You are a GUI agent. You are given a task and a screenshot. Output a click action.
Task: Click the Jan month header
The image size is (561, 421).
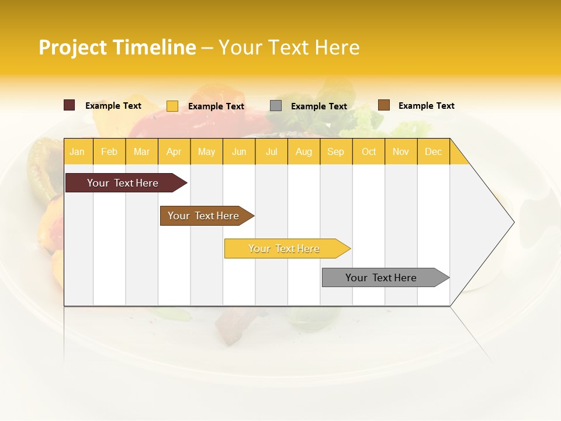click(x=77, y=151)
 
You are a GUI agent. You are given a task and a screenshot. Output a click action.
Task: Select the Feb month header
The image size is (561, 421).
click(x=109, y=151)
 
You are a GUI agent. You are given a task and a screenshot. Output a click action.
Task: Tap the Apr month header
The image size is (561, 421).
click(x=174, y=151)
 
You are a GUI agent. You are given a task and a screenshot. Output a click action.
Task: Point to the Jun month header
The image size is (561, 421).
click(x=239, y=151)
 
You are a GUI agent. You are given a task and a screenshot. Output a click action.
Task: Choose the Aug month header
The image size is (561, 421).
click(x=303, y=151)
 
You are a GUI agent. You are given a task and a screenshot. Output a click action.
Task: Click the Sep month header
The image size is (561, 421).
click(x=335, y=151)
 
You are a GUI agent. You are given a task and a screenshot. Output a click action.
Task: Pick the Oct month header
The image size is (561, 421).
click(x=369, y=151)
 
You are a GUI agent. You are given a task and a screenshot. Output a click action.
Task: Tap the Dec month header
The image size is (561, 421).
click(x=433, y=151)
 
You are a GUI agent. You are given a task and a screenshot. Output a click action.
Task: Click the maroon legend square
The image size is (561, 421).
click(x=70, y=105)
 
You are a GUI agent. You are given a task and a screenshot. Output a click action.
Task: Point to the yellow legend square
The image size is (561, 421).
click(x=172, y=106)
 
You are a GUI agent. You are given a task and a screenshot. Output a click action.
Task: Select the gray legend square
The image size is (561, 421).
click(x=276, y=106)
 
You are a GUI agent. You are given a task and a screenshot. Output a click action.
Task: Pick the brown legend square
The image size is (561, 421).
click(x=383, y=105)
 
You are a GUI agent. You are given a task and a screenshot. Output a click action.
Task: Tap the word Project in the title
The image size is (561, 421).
click(x=73, y=47)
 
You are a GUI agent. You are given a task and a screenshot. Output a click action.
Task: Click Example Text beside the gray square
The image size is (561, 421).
click(x=319, y=106)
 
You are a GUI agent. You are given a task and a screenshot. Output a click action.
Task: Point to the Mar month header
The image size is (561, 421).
click(x=141, y=151)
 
